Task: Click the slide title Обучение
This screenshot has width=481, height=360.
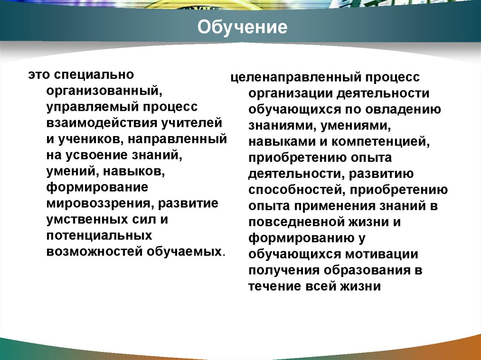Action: tap(242, 27)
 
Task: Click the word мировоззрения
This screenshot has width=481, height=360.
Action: tap(99, 204)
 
